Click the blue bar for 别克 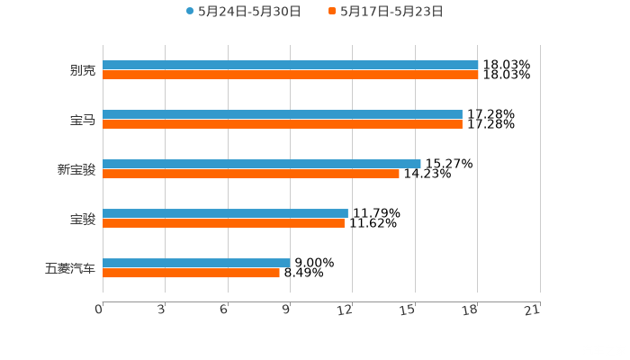click(x=290, y=65)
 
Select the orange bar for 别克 click(x=290, y=76)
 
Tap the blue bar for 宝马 click(x=283, y=114)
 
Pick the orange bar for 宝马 click(x=283, y=125)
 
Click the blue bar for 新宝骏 click(x=261, y=164)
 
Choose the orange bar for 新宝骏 click(x=251, y=175)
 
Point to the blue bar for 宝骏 click(x=225, y=213)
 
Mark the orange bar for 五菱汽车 click(x=191, y=274)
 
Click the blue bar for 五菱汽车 click(x=196, y=263)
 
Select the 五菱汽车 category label click(x=69, y=268)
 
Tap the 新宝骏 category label click(x=76, y=169)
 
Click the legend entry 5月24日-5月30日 click(x=243, y=12)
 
